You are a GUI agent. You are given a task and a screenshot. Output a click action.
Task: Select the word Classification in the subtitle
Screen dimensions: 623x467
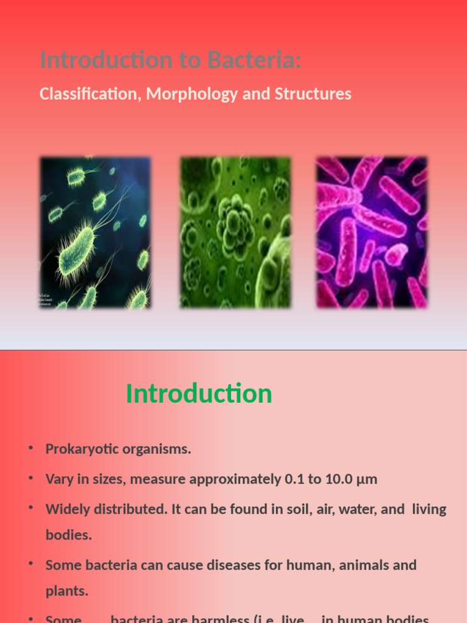pyautogui.click(x=87, y=94)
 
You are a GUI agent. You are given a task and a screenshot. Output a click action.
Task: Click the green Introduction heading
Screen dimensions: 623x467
pyautogui.click(x=199, y=394)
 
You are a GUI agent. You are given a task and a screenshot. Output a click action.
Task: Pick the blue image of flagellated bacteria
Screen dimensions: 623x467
pyautogui.click(x=95, y=232)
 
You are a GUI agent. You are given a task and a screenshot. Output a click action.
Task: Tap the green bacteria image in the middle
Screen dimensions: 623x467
pyautogui.click(x=235, y=232)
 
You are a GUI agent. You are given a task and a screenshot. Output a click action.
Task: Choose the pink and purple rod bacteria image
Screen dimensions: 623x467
pyautogui.click(x=372, y=232)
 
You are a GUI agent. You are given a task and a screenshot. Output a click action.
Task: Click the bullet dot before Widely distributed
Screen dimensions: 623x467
pyautogui.click(x=30, y=509)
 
